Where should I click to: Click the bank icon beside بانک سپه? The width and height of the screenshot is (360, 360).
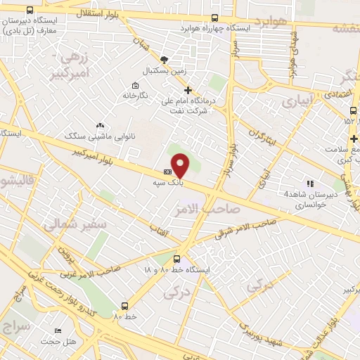167,171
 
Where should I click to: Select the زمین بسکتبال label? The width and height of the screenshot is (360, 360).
163,72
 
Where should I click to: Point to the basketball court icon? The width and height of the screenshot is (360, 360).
164,60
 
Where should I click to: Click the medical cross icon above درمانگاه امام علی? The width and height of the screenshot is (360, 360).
188,90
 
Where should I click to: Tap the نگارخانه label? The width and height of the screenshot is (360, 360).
135,95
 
